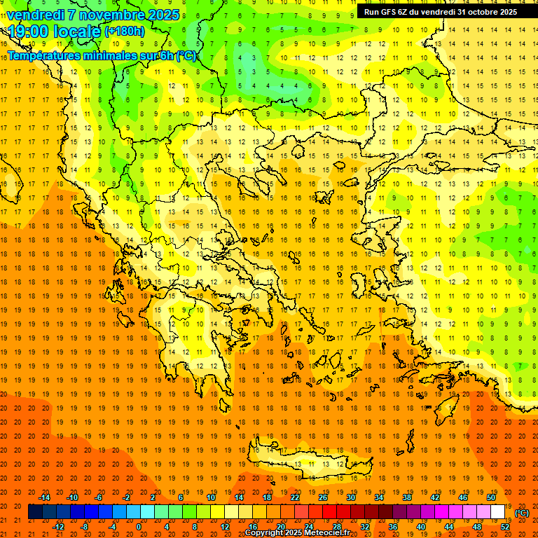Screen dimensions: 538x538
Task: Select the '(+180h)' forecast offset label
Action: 124,32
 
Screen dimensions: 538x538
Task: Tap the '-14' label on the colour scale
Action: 44,497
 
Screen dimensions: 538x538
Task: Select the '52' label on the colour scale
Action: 505,526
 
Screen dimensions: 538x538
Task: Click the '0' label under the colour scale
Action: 139,526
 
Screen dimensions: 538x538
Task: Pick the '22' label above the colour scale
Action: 295,497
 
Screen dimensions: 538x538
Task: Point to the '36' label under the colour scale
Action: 393,526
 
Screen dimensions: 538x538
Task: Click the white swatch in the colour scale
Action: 498,512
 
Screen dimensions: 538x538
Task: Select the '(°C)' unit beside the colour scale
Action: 522,513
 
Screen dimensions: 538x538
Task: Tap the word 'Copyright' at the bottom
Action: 265,533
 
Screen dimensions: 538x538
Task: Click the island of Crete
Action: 308,462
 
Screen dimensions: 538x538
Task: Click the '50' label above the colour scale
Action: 491,497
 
